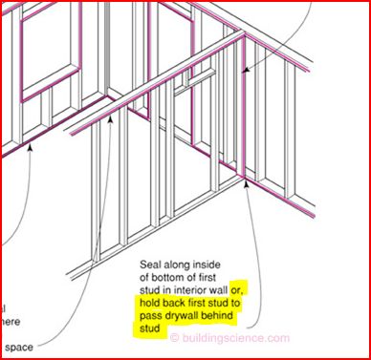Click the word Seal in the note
tap(155, 265)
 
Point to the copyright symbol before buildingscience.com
tap(174, 337)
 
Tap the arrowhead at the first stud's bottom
tap(245, 185)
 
